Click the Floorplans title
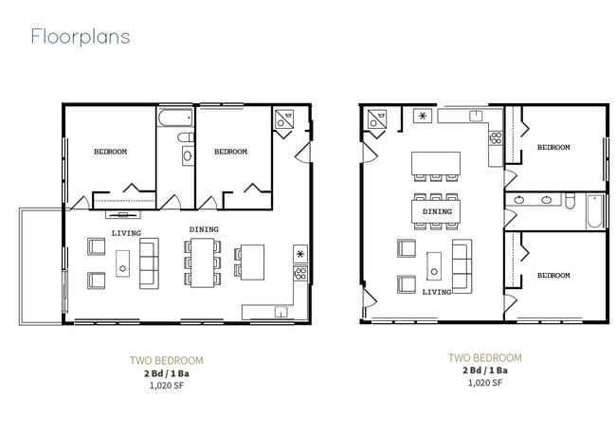pyautogui.click(x=80, y=37)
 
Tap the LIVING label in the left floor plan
pyautogui.click(x=126, y=232)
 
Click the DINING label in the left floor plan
pyautogui.click(x=204, y=229)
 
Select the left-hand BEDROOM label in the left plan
pyautogui.click(x=110, y=152)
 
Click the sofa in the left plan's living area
pyautogui.click(x=150, y=263)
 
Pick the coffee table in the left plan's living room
pyautogui.click(x=123, y=262)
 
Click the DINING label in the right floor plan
pyautogui.click(x=437, y=211)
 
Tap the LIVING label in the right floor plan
pyautogui.click(x=437, y=292)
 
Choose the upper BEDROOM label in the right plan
pyautogui.click(x=553, y=147)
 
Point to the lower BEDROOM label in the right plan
pyautogui.click(x=553, y=275)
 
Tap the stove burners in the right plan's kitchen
pyautogui.click(x=495, y=138)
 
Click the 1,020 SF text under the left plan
pyautogui.click(x=166, y=385)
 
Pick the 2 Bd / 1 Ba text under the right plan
pyautogui.click(x=484, y=371)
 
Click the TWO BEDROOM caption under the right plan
pyautogui.click(x=484, y=357)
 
